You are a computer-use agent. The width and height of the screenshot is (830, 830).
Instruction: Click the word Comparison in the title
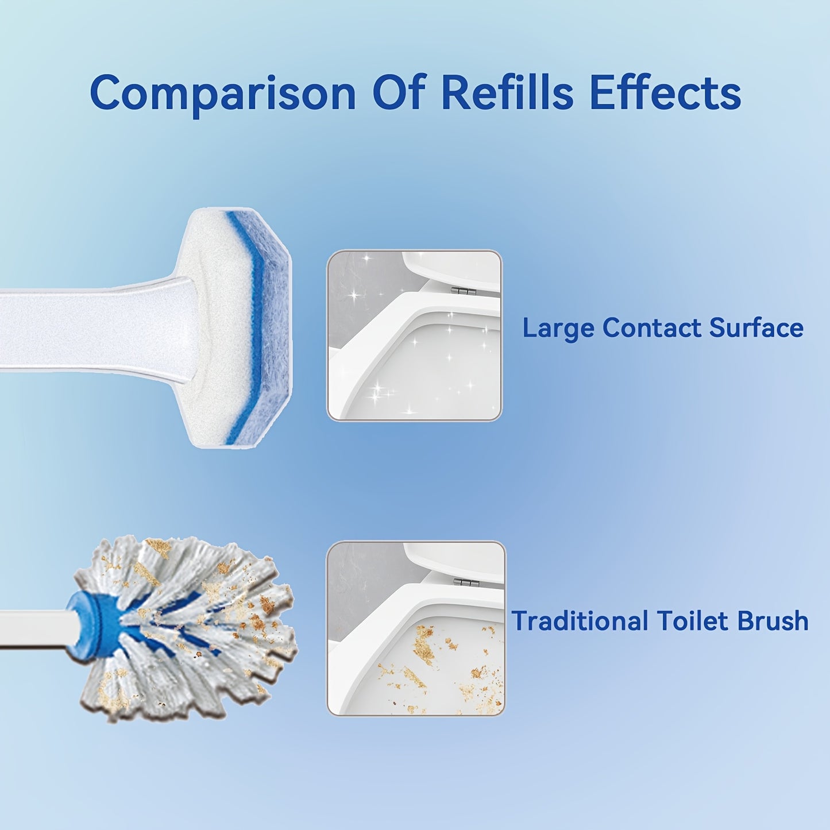[x=223, y=94]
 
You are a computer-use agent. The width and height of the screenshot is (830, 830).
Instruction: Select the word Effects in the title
[x=665, y=92]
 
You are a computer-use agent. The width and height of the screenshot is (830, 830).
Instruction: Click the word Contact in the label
[x=652, y=328]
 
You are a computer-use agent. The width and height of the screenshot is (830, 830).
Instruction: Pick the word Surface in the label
[x=756, y=328]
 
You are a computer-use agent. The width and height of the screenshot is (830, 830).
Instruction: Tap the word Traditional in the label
[x=580, y=621]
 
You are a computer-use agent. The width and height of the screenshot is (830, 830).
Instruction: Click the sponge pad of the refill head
[x=241, y=327]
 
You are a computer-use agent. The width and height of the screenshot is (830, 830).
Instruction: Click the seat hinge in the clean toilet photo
[x=464, y=291]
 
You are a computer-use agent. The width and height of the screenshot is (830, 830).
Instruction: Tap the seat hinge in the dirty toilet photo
[x=466, y=583]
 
